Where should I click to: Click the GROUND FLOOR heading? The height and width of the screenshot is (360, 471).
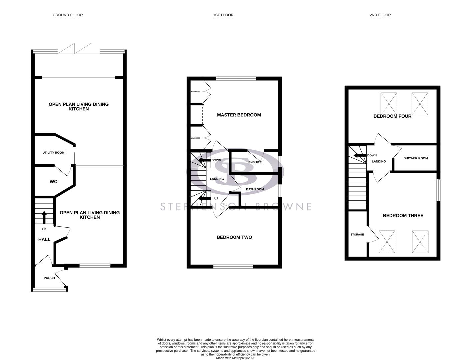(68, 15)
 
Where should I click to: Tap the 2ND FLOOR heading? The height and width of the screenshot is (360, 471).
(380, 15)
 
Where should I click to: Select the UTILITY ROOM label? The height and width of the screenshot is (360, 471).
(53, 153)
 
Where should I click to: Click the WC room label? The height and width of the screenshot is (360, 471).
(53, 182)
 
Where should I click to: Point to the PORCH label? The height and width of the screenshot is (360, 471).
(49, 278)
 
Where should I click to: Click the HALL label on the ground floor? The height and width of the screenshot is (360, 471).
(44, 239)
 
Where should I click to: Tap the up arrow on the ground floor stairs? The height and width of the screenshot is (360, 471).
(44, 217)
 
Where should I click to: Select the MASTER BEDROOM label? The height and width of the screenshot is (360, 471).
(239, 115)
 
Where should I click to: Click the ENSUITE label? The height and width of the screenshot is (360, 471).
(255, 162)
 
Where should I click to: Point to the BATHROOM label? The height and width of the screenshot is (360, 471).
(255, 189)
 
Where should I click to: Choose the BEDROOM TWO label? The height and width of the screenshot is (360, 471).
(234, 237)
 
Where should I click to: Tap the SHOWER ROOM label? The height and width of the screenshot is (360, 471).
(416, 158)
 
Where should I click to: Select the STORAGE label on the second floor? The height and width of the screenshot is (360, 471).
(357, 235)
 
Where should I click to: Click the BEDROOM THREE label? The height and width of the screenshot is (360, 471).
(403, 216)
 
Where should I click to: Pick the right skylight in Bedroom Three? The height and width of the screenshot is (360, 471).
(420, 241)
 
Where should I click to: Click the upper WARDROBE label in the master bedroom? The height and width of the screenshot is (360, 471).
(195, 91)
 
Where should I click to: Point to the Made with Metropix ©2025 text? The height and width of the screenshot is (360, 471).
(235, 358)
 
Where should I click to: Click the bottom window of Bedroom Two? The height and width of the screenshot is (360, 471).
(233, 266)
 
